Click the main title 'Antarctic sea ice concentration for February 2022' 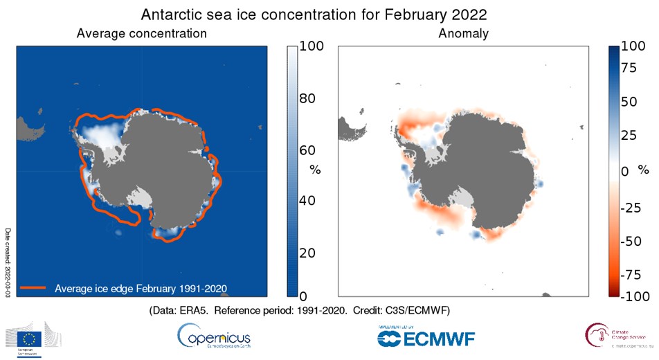click(x=329, y=15)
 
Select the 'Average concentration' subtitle click(x=141, y=33)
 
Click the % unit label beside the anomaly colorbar click(x=643, y=169)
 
